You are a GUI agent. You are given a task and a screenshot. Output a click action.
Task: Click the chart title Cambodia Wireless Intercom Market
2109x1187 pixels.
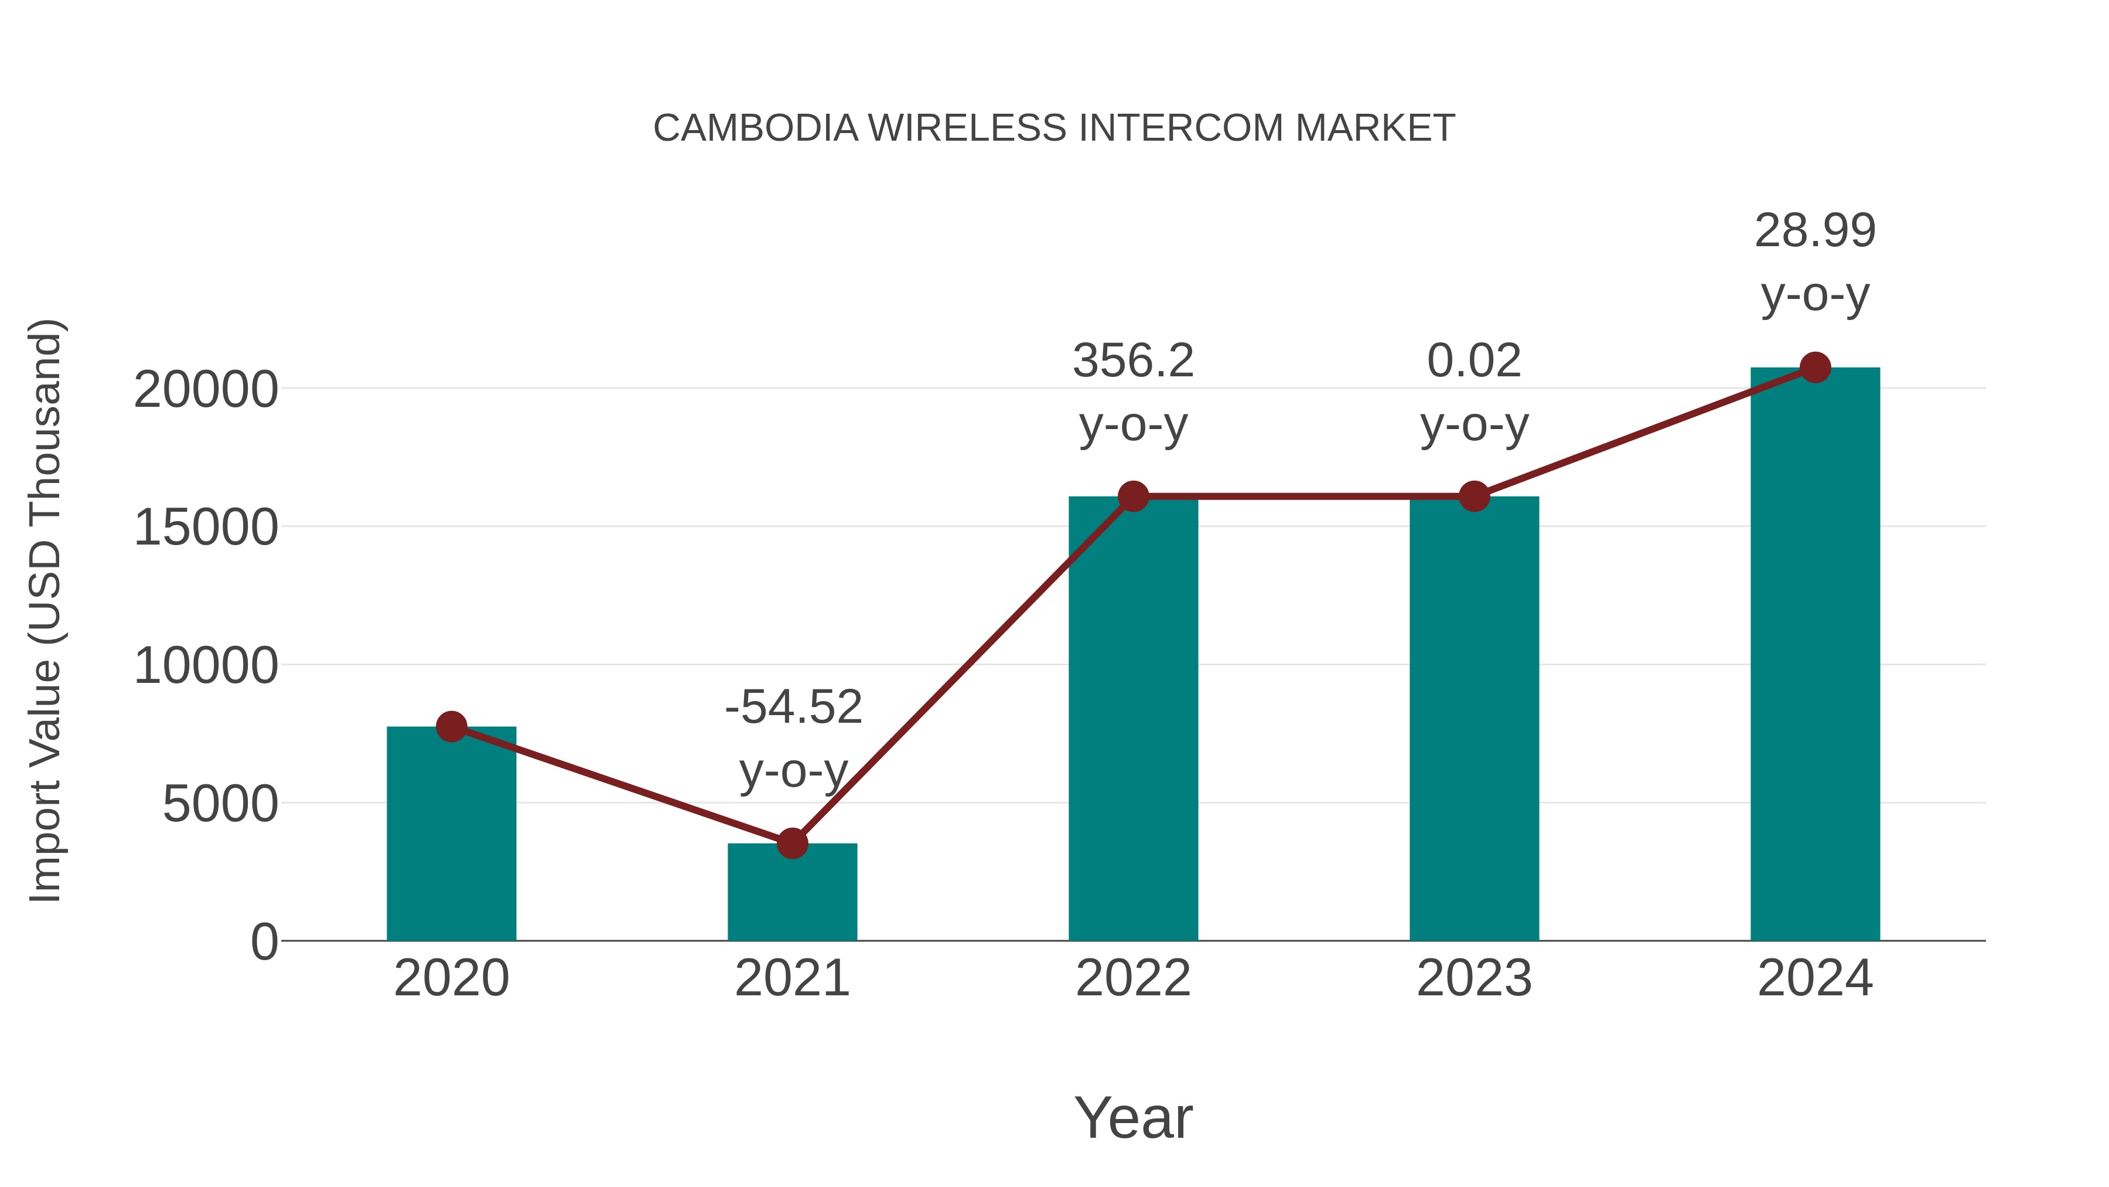(x=1054, y=128)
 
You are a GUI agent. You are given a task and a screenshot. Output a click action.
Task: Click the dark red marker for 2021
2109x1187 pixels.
(x=791, y=843)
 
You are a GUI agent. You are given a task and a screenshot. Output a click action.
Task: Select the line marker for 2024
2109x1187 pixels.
(x=1815, y=368)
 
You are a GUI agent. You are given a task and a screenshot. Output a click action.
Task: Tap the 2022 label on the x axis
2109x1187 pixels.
(x=1133, y=978)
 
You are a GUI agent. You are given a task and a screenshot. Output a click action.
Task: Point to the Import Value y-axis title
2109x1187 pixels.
(x=45, y=610)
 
